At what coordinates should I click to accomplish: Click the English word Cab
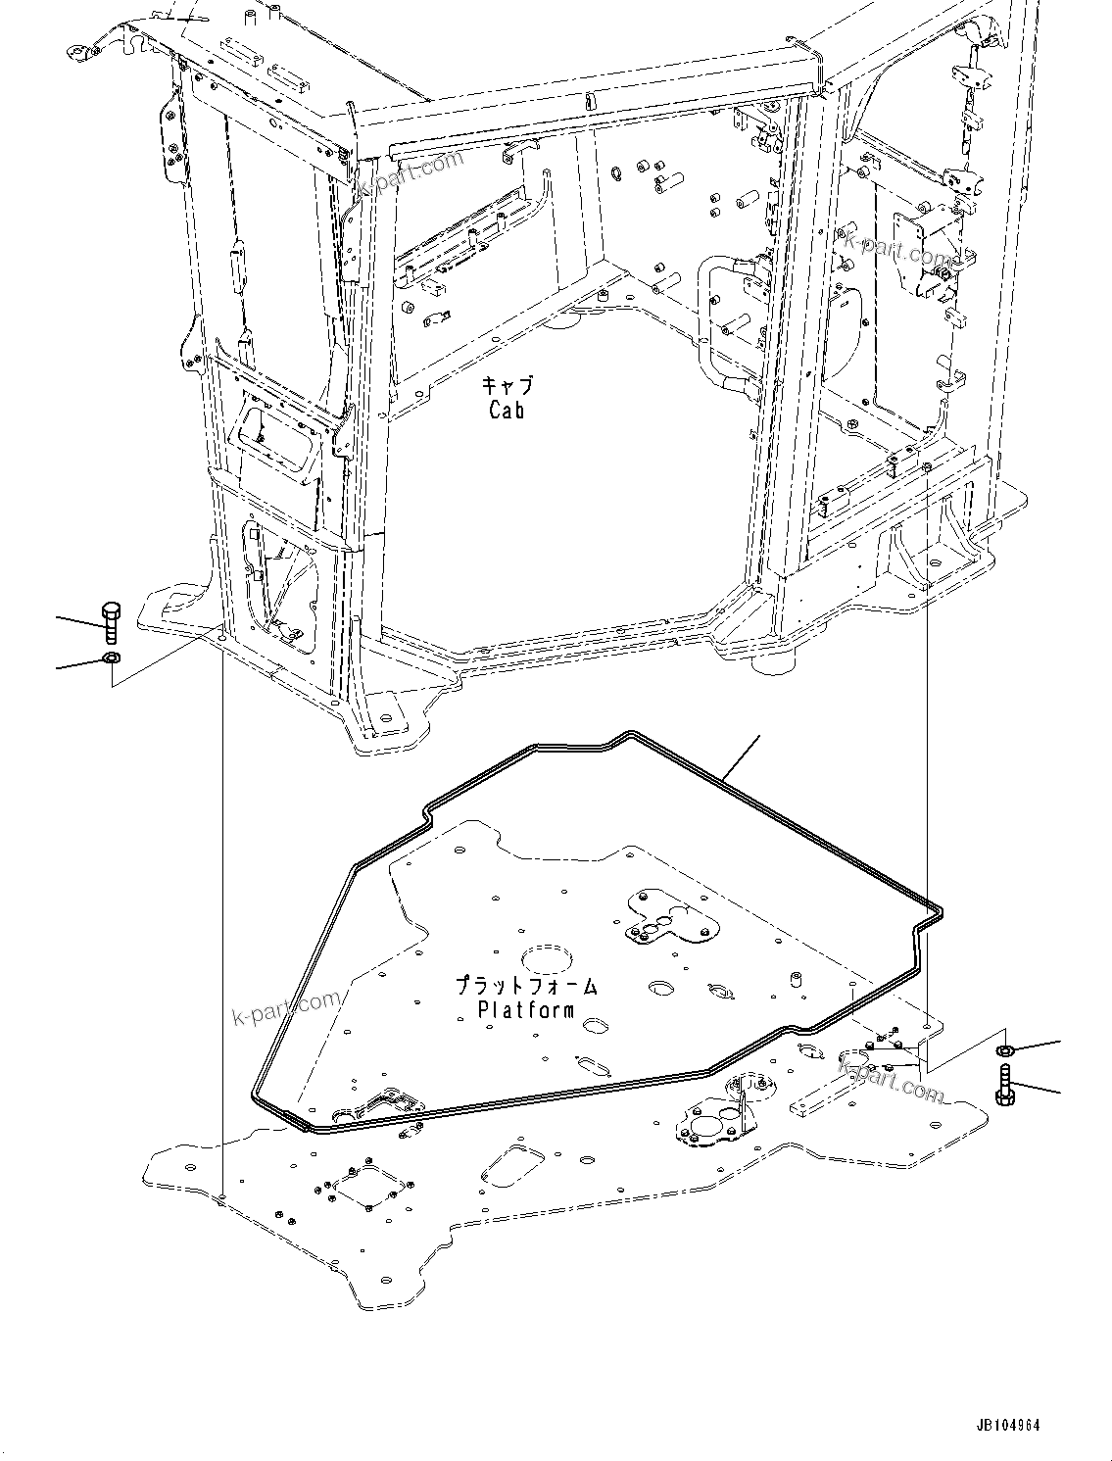point(507,409)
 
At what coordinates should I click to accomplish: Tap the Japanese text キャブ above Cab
point(507,385)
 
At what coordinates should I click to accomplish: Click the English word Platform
point(525,1009)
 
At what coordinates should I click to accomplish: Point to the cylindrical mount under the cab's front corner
point(773,662)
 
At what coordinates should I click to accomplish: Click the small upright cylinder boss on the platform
point(795,980)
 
